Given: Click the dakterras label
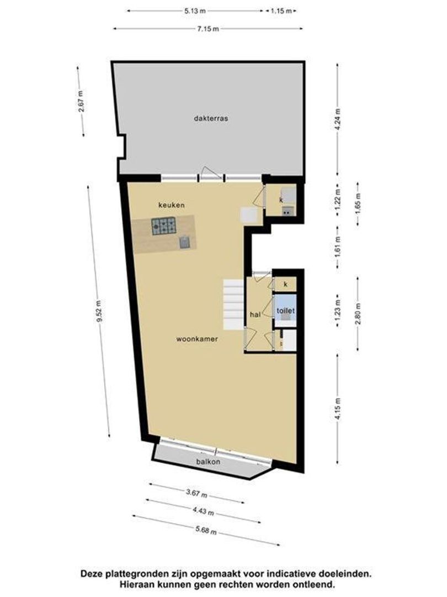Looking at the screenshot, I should [x=211, y=118].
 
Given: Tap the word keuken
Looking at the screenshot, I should [x=171, y=205].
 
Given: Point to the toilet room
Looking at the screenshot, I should [x=286, y=311].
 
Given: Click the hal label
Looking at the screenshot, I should [x=255, y=314].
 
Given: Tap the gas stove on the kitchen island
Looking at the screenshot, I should [x=164, y=225].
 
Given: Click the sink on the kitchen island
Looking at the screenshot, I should [x=184, y=242].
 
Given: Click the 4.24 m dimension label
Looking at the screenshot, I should [x=338, y=119].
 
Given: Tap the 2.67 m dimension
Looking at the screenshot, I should [x=81, y=101].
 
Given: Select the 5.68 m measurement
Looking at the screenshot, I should [x=205, y=530].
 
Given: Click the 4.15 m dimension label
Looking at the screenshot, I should [x=338, y=409].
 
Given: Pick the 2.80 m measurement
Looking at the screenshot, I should [x=358, y=313].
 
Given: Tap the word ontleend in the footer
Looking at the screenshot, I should [x=314, y=584].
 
